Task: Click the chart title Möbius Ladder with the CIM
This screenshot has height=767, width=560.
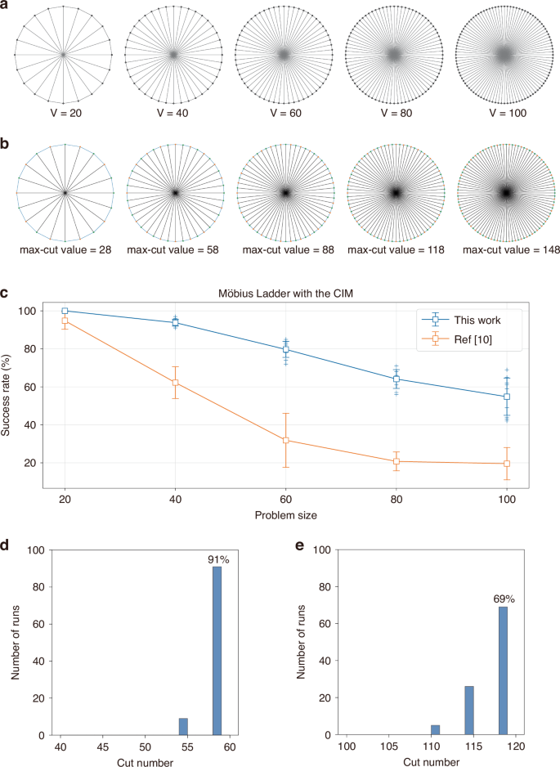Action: tap(285, 293)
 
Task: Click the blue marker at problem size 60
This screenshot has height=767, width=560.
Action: tap(285, 349)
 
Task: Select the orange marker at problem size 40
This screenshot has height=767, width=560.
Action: tap(175, 383)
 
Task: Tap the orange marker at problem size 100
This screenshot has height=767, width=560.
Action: tap(507, 464)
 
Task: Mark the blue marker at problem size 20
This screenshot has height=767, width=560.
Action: tap(65, 311)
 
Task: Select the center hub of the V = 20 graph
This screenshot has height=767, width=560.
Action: tap(64, 56)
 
